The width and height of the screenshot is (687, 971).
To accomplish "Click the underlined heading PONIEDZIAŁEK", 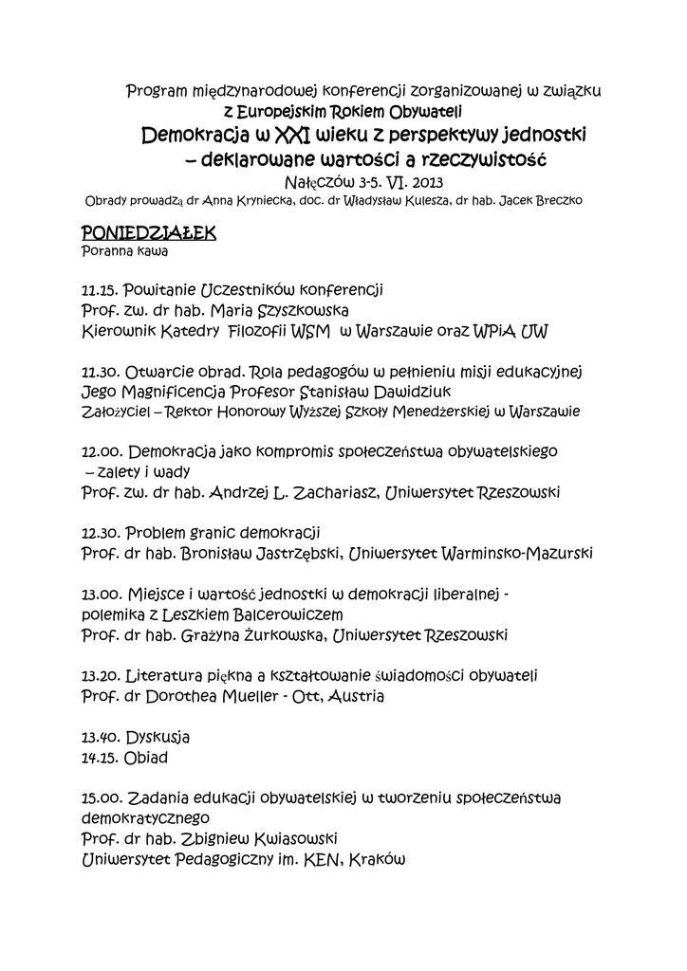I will (x=149, y=232).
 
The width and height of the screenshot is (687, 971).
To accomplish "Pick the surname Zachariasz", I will (x=325, y=492).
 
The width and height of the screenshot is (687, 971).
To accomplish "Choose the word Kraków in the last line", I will (x=379, y=860).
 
